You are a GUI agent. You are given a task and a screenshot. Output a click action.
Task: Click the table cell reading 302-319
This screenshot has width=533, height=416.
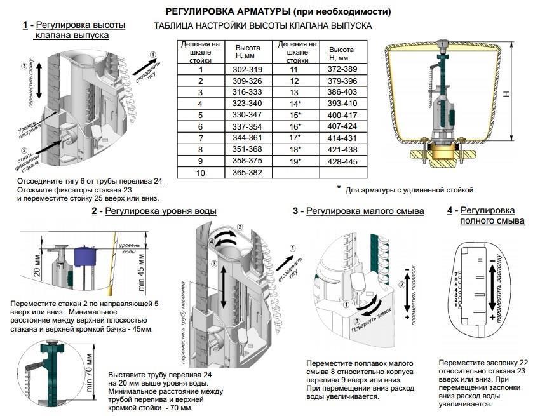pos(248,70)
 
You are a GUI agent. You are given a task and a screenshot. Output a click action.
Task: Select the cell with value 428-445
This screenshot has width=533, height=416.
pos(341,161)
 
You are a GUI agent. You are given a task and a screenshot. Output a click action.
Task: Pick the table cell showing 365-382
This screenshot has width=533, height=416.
pos(248,173)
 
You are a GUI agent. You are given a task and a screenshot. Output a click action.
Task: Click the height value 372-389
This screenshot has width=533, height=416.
pos(341,69)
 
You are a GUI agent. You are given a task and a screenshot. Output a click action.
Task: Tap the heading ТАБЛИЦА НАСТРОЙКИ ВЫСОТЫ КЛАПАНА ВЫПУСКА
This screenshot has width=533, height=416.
pos(263,26)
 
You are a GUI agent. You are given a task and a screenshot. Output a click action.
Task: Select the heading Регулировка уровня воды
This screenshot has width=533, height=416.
pos(160,211)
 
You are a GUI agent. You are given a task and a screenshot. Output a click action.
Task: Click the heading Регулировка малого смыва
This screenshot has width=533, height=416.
pos(365,211)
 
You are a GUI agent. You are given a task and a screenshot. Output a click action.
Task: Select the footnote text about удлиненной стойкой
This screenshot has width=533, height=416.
pos(409,189)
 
